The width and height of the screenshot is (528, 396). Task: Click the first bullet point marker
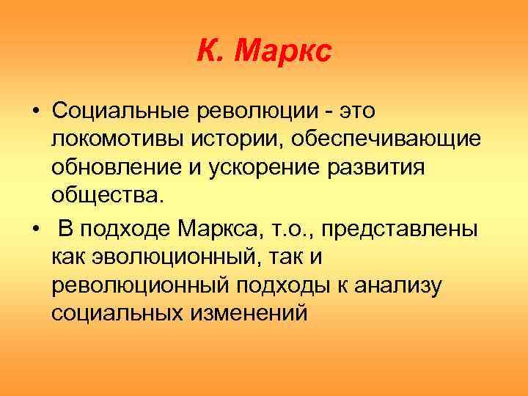pyautogui.click(x=34, y=111)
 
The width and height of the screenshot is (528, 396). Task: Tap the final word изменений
pyautogui.click(x=247, y=314)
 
